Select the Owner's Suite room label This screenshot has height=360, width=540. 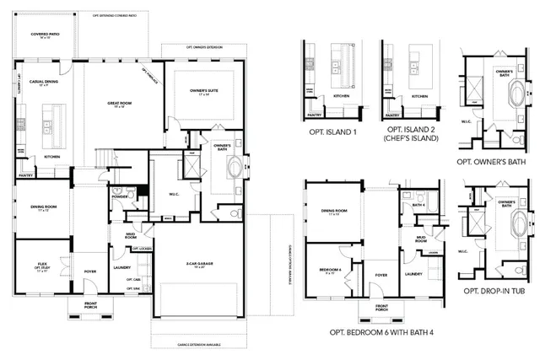click(x=198, y=93)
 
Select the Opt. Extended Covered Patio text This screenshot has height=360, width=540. click(x=104, y=14)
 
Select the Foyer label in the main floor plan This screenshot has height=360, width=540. click(x=90, y=271)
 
